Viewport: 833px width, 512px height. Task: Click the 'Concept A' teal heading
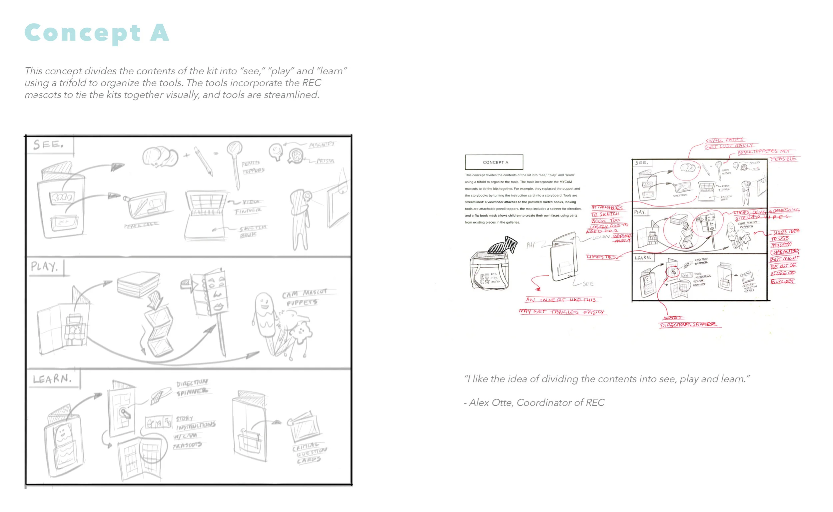pos(97,33)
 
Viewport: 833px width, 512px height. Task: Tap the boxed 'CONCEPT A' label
pos(495,163)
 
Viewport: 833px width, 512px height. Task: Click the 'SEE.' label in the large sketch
pos(48,145)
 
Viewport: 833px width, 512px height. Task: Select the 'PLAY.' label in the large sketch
pos(44,266)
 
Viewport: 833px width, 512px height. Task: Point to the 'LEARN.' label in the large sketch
pos(52,379)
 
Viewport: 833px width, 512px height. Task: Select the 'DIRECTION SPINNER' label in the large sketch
pos(192,387)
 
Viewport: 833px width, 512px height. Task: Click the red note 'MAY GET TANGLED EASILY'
pos(562,312)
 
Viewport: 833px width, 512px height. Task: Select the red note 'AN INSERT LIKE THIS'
pos(560,300)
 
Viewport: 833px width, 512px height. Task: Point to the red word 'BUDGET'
pos(782,281)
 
